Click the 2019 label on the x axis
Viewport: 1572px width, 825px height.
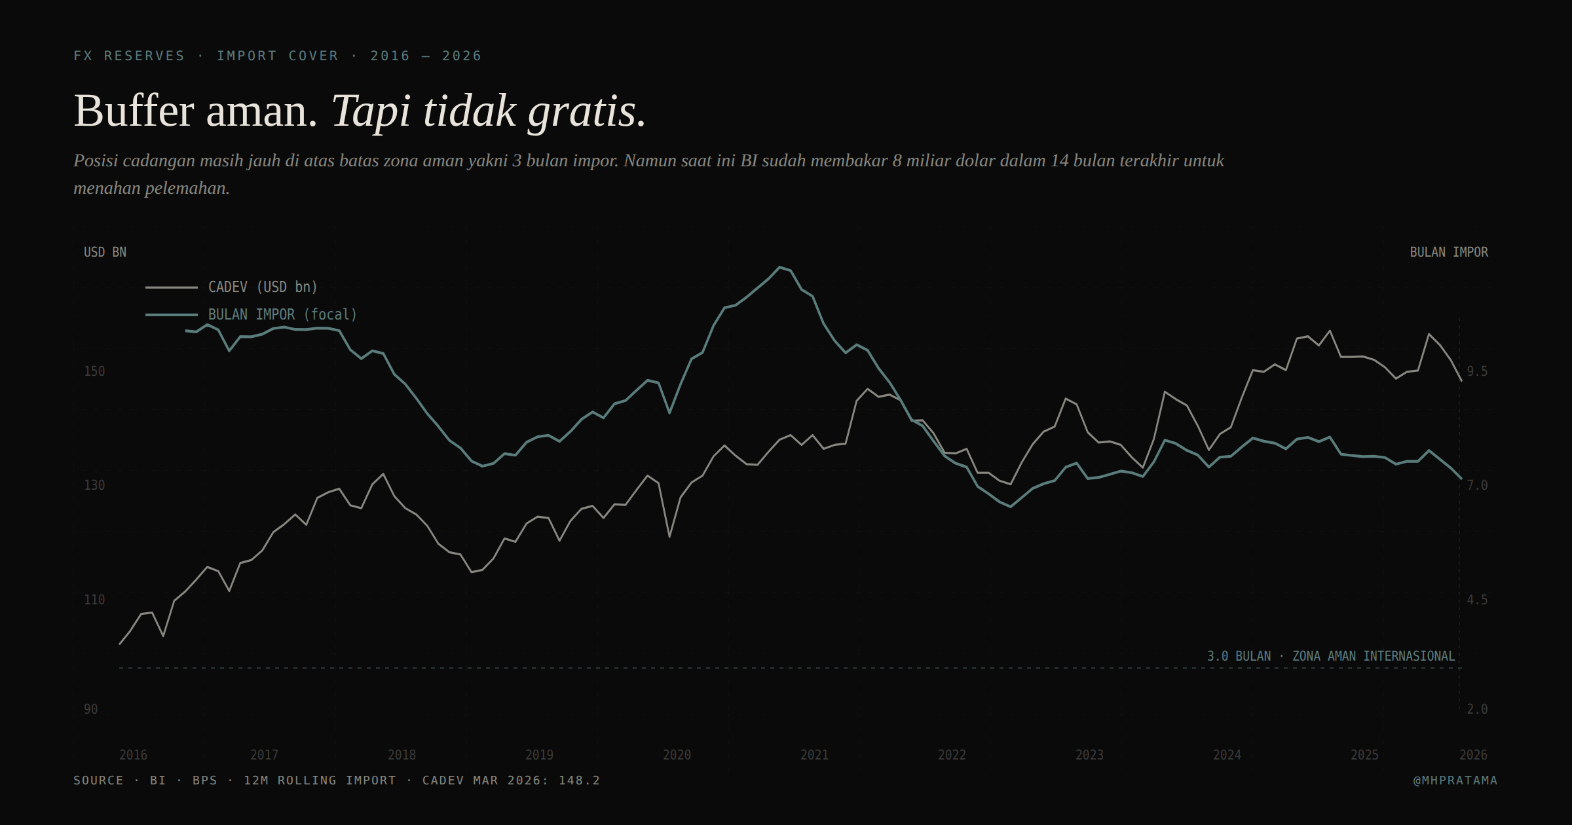(x=539, y=755)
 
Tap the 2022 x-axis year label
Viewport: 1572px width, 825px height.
(x=952, y=755)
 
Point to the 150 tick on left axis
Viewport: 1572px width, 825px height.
(x=94, y=371)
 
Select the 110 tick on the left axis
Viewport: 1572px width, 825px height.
(x=94, y=600)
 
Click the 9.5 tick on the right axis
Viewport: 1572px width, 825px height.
(x=1477, y=371)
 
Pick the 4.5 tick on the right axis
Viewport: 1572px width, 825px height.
(x=1477, y=600)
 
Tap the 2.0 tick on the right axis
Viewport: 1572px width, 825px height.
(x=1477, y=709)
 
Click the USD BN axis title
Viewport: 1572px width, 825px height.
(x=105, y=252)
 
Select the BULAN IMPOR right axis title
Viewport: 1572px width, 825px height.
(x=1449, y=252)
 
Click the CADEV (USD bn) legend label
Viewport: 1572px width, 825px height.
(x=263, y=287)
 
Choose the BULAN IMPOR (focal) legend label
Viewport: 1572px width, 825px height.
(x=282, y=314)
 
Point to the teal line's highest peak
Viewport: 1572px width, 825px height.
(x=779, y=267)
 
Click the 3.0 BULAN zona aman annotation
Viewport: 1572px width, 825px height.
(x=1330, y=656)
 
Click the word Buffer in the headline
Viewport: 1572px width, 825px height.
(x=134, y=111)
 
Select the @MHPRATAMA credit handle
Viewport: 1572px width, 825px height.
(x=1455, y=780)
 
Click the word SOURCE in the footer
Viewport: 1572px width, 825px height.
(x=98, y=780)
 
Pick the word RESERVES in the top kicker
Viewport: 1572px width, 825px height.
(x=144, y=56)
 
